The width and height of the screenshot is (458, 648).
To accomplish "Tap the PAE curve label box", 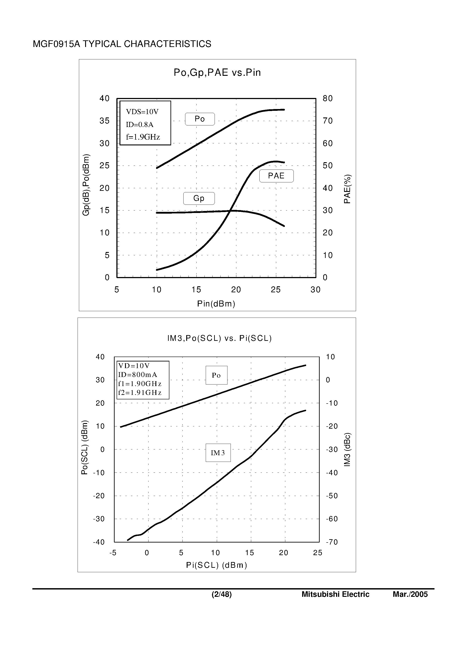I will pos(276,176).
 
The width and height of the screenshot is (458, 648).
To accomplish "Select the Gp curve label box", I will pos(199,198).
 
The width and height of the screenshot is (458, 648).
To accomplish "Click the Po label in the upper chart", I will pos(200,119).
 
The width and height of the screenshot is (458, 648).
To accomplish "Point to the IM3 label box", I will pos(218,453).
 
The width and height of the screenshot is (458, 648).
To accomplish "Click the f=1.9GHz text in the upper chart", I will pos(143,137).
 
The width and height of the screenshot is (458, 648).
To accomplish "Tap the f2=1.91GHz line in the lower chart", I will pos(140,392).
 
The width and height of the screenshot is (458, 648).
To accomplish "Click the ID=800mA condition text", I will pos(137,375).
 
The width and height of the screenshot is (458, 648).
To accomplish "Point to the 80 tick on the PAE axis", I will pos(328,98).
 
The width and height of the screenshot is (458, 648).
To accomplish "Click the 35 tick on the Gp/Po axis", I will pos(104,121).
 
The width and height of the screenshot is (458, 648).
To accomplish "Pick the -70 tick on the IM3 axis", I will pos(332,542).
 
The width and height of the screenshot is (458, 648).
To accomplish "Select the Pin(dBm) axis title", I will pos(216,304).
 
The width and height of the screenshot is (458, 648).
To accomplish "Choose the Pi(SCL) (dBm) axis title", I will pos(217,565).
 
